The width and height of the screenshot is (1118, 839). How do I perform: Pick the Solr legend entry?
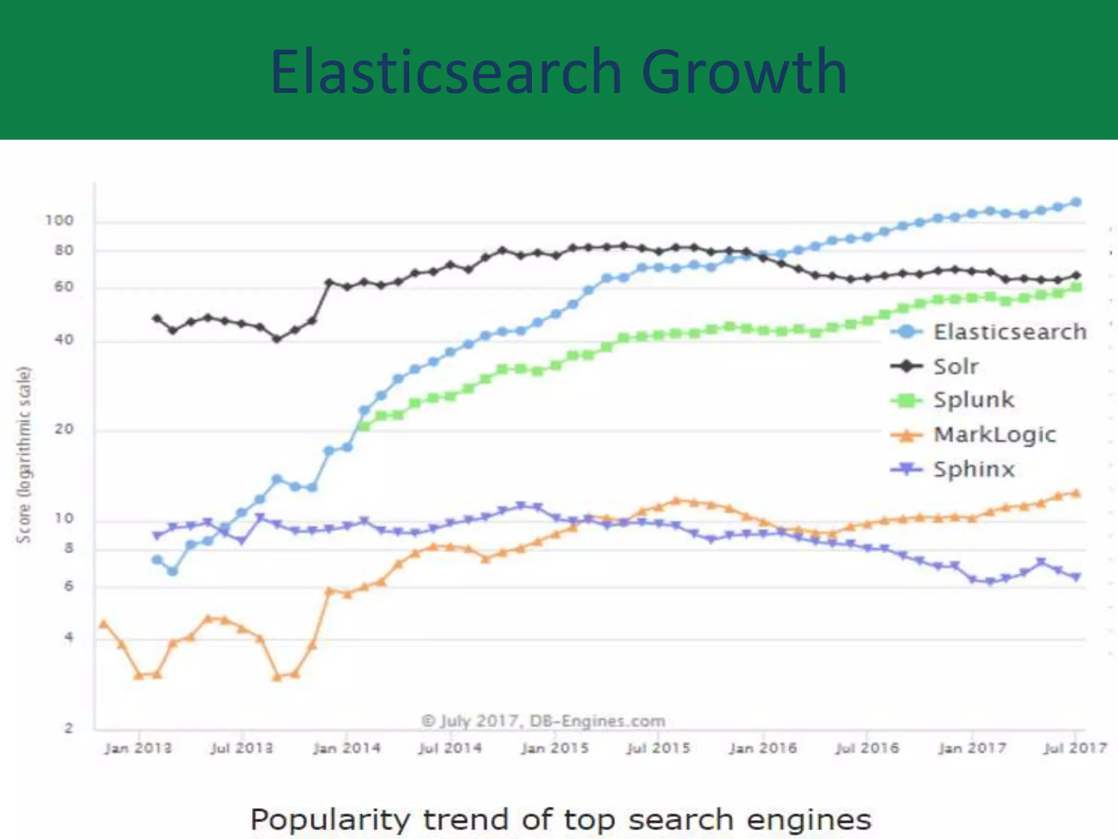[955, 366]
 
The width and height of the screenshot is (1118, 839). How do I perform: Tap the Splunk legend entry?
[973, 400]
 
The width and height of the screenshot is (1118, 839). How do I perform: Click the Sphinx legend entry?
[973, 469]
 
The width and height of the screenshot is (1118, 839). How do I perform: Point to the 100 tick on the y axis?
[59, 221]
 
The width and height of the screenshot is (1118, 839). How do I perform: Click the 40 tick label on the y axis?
[64, 340]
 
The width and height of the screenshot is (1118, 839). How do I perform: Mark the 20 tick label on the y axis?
[64, 429]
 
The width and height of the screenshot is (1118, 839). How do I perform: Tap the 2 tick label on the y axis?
[69, 728]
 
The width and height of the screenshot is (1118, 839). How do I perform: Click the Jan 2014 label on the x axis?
[347, 748]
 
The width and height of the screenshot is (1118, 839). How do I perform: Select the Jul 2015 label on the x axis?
[658, 748]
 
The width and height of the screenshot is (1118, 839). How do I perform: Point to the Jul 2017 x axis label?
[1075, 748]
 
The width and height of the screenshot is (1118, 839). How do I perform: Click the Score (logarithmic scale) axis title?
[23, 454]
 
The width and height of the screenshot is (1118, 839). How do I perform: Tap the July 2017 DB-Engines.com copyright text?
[544, 721]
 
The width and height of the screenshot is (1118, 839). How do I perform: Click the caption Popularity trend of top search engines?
[561, 820]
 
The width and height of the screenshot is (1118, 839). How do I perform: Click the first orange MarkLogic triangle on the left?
[104, 624]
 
